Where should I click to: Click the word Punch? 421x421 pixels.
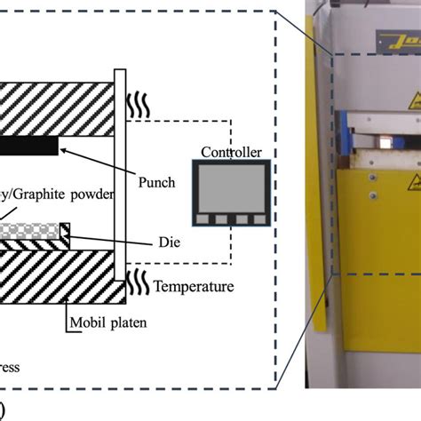[x=158, y=184]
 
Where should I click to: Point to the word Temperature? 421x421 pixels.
[x=193, y=286]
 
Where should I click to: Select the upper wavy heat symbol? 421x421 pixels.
[x=139, y=103]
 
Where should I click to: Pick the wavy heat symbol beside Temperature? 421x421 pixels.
[x=138, y=283]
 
